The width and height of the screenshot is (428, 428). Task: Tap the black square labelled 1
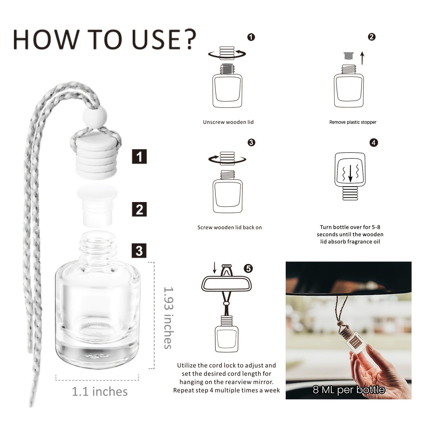(139, 156)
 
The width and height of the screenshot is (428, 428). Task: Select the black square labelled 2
(139, 209)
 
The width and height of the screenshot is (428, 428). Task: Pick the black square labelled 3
(139, 251)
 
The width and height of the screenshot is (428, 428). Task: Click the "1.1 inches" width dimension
(100, 392)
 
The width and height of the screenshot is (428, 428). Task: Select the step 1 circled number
(251, 37)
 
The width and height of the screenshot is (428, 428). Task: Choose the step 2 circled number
(372, 37)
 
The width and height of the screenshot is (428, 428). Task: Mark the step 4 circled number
(374, 142)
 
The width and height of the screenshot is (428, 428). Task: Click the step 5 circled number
(249, 268)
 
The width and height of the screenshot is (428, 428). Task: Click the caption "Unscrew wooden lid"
(228, 122)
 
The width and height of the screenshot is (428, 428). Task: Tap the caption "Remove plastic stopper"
(353, 122)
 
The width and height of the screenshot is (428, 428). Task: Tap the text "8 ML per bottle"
(349, 390)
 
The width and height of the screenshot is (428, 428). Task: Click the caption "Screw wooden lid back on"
(230, 228)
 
